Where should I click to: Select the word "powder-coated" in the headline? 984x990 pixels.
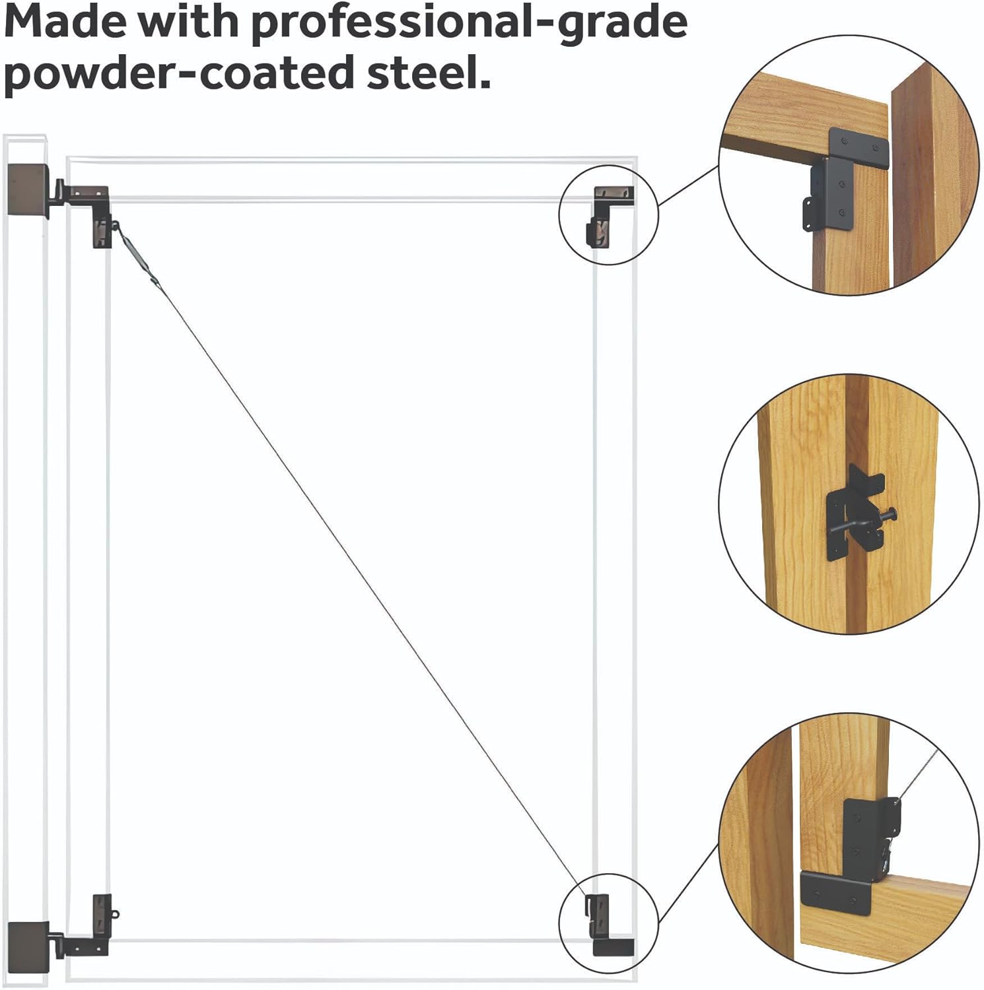[179, 74]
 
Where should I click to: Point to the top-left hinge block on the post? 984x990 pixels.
[28, 190]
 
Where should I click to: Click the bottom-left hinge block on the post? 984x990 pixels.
[28, 941]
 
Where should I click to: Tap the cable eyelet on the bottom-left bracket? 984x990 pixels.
[116, 915]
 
